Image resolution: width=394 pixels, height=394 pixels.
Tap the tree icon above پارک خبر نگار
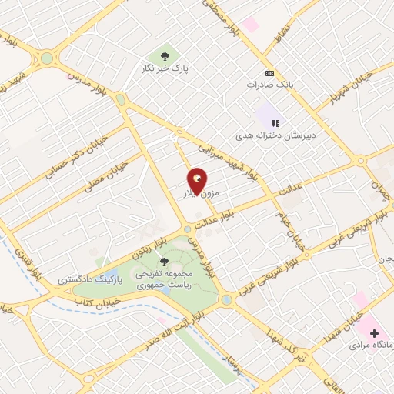tap(164, 55)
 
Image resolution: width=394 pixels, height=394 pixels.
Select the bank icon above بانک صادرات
tap(269, 73)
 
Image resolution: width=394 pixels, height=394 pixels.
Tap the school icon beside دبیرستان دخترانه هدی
tap(275, 122)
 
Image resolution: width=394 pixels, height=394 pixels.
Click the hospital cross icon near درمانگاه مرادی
tap(375, 334)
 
